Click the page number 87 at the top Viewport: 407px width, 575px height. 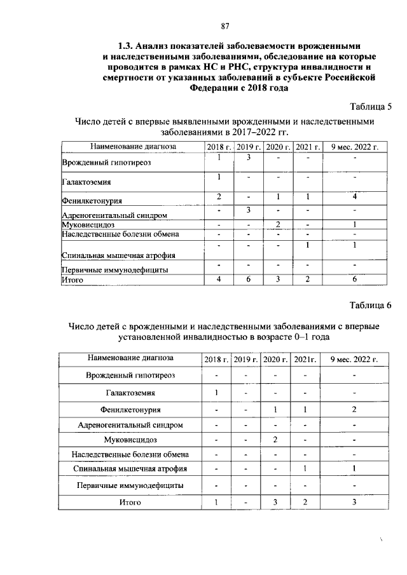click(x=224, y=26)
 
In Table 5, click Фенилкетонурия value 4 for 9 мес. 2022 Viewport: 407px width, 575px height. click(x=355, y=196)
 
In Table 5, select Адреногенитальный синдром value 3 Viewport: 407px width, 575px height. click(x=249, y=210)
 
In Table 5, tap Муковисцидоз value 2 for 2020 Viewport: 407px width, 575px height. click(x=279, y=224)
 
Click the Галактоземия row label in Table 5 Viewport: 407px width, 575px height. click(x=86, y=182)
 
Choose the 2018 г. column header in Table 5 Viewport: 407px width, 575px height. click(x=219, y=147)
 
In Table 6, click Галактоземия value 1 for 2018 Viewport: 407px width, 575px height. click(x=217, y=392)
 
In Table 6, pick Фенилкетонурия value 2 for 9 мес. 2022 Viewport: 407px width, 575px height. click(x=354, y=409)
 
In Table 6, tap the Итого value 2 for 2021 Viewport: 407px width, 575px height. click(x=306, y=503)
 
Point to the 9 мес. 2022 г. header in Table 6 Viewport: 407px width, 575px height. click(x=354, y=360)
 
